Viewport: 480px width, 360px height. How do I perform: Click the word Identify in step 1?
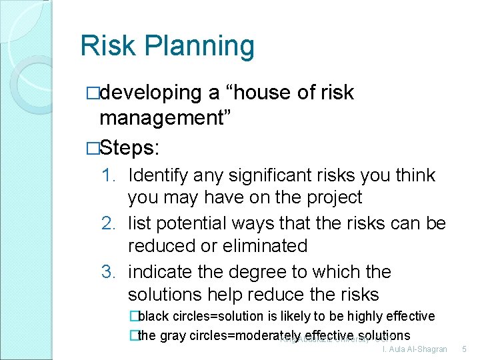(x=157, y=176)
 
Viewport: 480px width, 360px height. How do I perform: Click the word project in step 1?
(x=333, y=198)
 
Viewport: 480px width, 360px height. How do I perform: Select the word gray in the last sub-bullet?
(x=173, y=335)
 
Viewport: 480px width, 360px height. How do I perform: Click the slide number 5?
(x=465, y=349)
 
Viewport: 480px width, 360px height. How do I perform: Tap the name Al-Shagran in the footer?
(x=423, y=349)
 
